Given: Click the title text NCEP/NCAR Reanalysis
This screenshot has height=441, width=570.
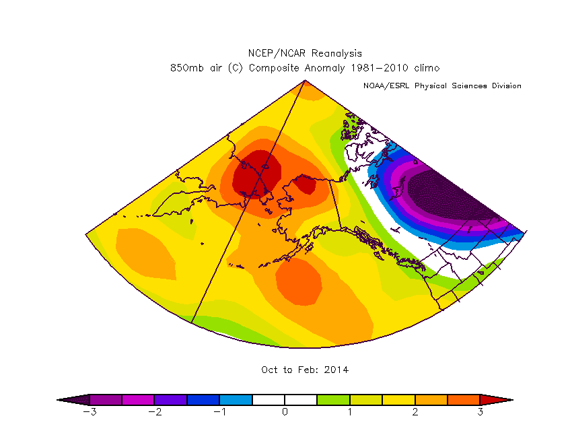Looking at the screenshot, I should pyautogui.click(x=305, y=53).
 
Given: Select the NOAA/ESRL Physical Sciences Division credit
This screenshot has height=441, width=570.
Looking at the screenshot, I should pyautogui.click(x=442, y=86).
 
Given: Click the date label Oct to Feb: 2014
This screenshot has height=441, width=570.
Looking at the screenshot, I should pyautogui.click(x=305, y=370).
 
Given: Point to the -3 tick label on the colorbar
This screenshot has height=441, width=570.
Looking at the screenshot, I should pyautogui.click(x=88, y=412).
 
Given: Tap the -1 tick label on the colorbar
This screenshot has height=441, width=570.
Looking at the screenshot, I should pyautogui.click(x=219, y=412).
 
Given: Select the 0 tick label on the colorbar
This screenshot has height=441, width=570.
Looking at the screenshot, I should pyautogui.click(x=285, y=412).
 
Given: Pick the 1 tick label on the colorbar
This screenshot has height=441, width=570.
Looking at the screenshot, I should pyautogui.click(x=350, y=412).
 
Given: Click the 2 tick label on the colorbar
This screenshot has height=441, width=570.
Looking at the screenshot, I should pyautogui.click(x=415, y=412).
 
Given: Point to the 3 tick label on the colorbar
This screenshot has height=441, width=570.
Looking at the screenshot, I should pyautogui.click(x=480, y=412).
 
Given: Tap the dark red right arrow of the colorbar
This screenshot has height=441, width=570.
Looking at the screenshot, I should pyautogui.click(x=496, y=399).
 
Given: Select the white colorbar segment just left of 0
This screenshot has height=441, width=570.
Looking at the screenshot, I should pyautogui.click(x=269, y=399).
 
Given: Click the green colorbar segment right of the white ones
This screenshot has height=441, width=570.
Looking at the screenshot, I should pyautogui.click(x=333, y=399).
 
